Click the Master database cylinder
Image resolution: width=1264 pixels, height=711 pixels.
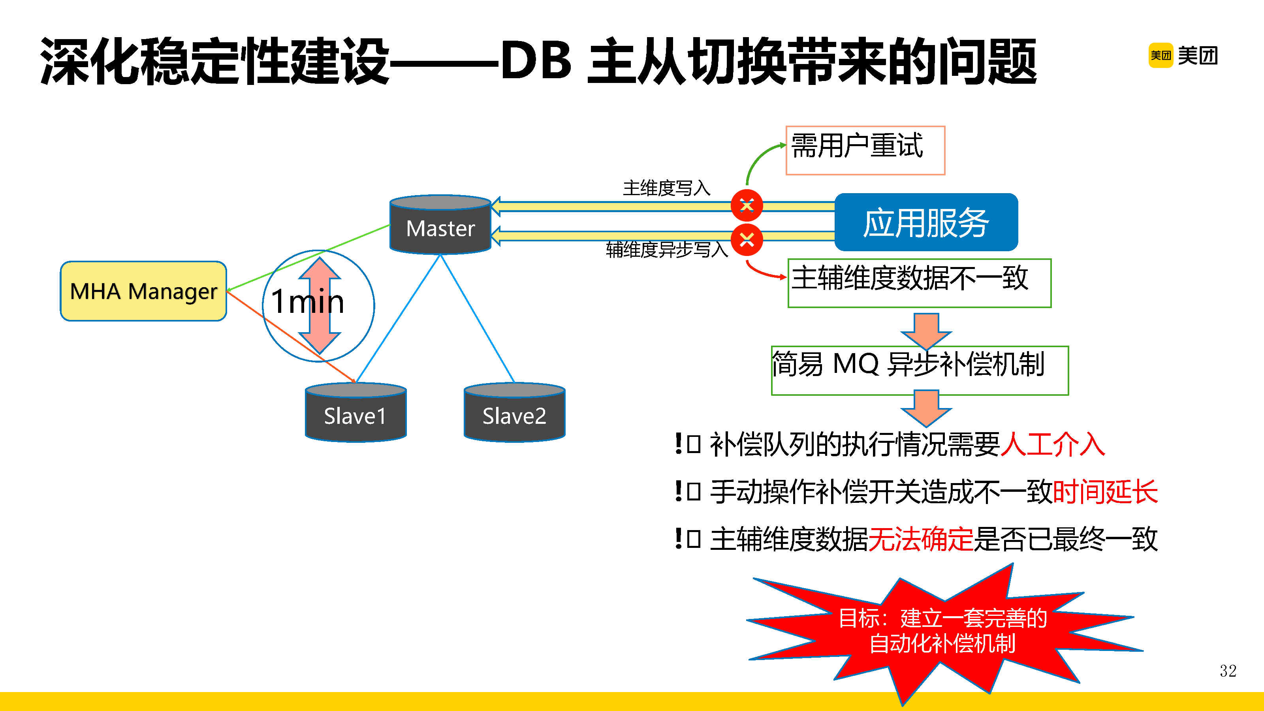[x=440, y=226]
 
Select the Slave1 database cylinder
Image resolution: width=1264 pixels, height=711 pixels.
[x=355, y=414]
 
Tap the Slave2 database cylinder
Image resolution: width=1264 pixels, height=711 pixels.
[x=514, y=414]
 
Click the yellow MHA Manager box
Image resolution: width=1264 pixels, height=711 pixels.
[x=143, y=291]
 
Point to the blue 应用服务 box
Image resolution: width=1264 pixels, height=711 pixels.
[x=926, y=222]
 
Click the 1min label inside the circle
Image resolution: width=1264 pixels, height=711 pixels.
[x=308, y=301]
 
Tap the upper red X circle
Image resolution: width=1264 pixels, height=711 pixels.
[x=746, y=205]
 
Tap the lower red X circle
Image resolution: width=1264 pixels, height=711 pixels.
[x=746, y=240]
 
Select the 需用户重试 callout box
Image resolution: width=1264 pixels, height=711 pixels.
[x=865, y=150]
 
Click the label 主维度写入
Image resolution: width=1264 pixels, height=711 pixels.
[x=666, y=188]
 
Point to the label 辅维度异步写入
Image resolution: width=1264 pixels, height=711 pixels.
[x=666, y=250]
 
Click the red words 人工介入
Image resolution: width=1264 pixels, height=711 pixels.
[x=1053, y=444]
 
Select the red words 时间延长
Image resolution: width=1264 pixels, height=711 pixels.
[x=1105, y=492]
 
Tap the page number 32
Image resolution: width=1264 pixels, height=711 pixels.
[x=1228, y=671]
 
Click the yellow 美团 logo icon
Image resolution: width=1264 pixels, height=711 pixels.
[x=1161, y=55]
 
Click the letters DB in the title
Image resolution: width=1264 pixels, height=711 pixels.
[x=536, y=60]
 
